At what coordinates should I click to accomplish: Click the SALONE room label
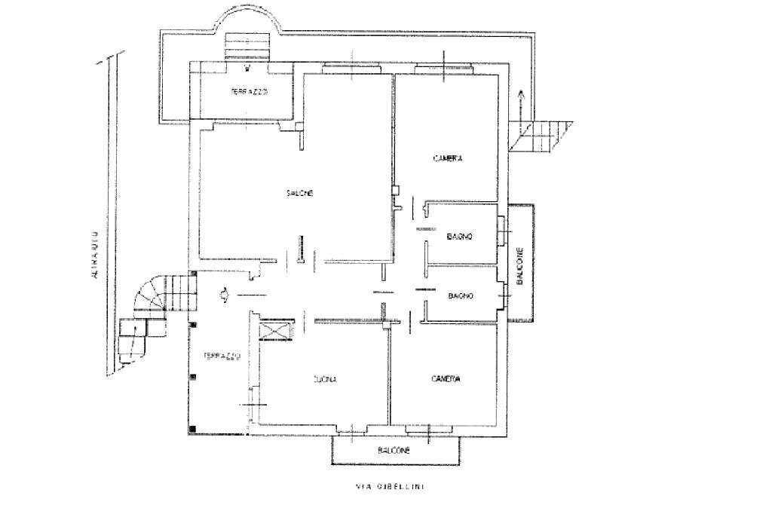(x=299, y=194)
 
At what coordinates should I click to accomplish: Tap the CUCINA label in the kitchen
(x=325, y=380)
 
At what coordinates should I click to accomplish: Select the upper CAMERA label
(x=447, y=159)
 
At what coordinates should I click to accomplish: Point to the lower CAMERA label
(x=446, y=379)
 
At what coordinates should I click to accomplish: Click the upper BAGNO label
(x=459, y=237)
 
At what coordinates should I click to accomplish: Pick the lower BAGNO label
(x=460, y=296)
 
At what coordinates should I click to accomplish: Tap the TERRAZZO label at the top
(x=249, y=92)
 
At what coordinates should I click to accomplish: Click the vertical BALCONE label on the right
(x=519, y=266)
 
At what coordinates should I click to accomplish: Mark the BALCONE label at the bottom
(x=394, y=450)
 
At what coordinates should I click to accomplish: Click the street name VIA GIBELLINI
(x=390, y=487)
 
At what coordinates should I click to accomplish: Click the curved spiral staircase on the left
(x=151, y=296)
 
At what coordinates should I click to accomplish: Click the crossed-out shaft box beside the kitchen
(x=273, y=332)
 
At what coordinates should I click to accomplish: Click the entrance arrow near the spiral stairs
(x=224, y=295)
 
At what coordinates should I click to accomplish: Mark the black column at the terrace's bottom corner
(x=194, y=430)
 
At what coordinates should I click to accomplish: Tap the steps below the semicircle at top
(x=248, y=47)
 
